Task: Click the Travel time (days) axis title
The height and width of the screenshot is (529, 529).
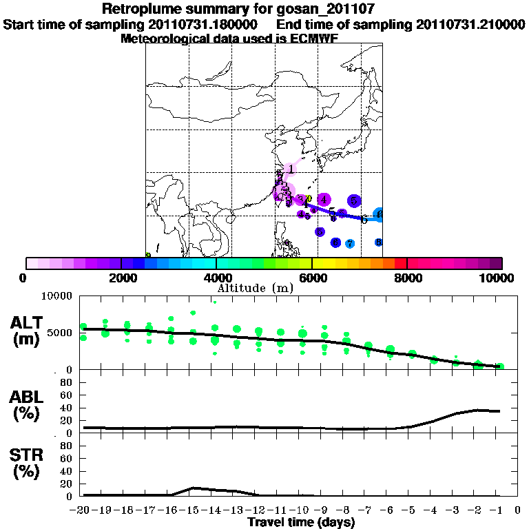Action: click(x=301, y=523)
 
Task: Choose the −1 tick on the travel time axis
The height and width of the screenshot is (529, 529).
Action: click(x=497, y=510)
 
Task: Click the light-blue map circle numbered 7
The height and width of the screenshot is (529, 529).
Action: click(x=350, y=244)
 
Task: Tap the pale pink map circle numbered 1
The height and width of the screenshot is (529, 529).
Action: click(x=291, y=169)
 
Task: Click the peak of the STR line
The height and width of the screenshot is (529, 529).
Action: click(x=194, y=488)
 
